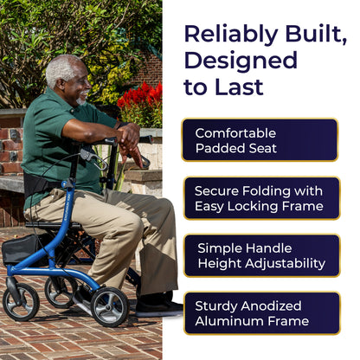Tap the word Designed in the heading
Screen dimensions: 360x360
tap(241, 60)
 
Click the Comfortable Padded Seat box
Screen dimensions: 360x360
tap(260, 140)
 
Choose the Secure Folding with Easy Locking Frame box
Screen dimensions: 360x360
tap(262, 198)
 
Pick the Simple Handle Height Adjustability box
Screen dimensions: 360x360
tap(262, 255)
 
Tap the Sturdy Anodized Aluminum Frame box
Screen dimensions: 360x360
tap(262, 313)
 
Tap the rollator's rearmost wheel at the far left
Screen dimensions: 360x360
tap(21, 302)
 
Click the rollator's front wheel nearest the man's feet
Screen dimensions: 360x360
tap(110, 307)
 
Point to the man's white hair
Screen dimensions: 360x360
tap(61, 70)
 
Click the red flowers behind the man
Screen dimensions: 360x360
tap(141, 97)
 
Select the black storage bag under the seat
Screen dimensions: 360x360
tap(21, 250)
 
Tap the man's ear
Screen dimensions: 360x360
tap(61, 83)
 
